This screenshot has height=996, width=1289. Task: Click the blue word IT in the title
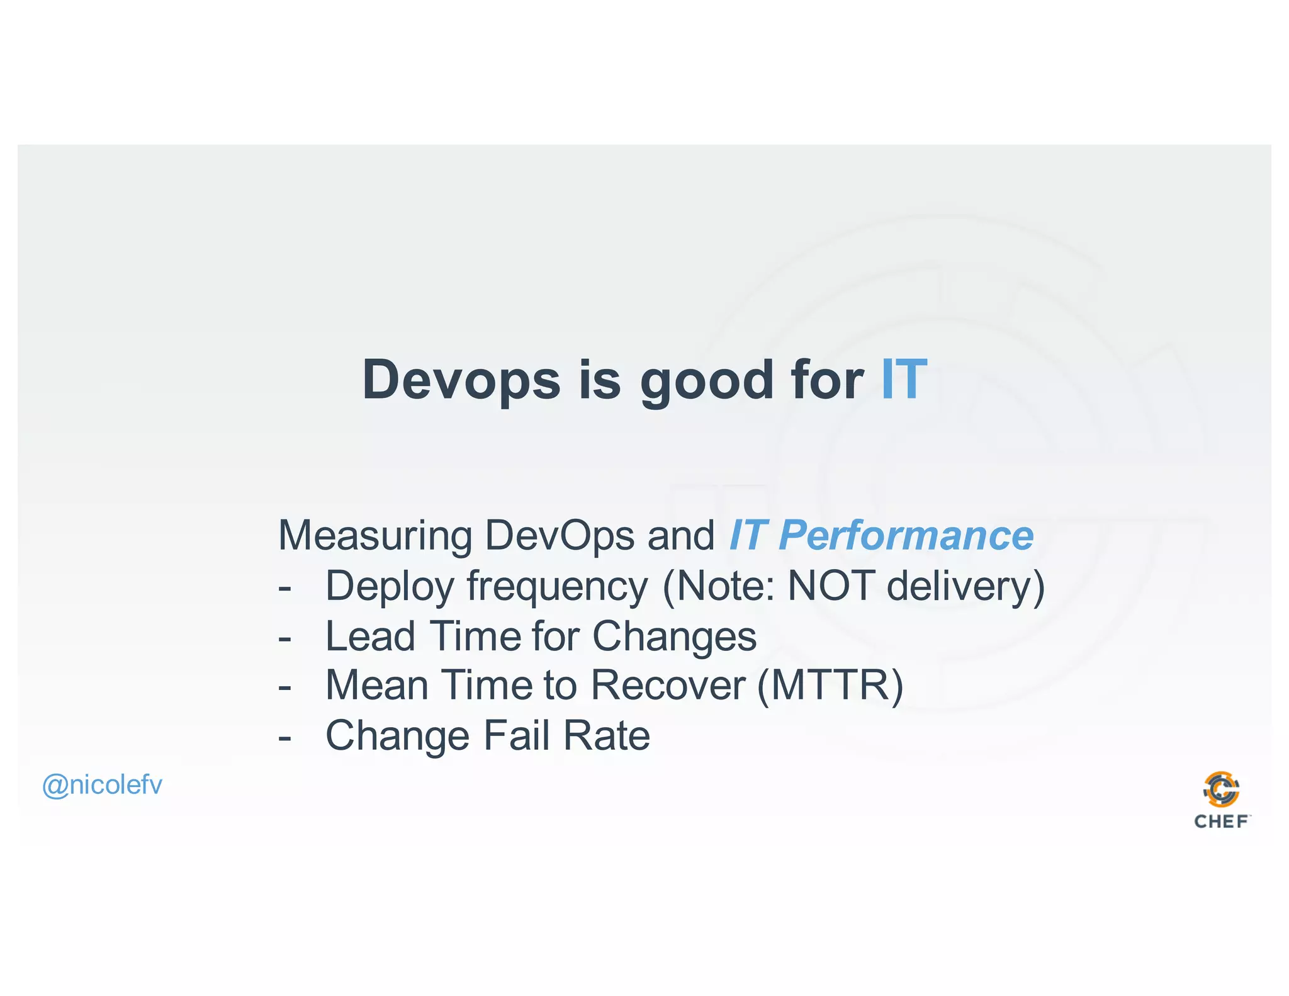coord(903,380)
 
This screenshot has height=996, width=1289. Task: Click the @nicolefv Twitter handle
coord(102,785)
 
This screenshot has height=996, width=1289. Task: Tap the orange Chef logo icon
coord(1221,789)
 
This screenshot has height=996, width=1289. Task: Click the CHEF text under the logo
coord(1221,822)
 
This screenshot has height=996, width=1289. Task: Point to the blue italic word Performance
coord(906,536)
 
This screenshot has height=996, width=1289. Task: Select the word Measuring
coord(375,536)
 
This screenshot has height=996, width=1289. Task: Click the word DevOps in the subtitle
coord(559,536)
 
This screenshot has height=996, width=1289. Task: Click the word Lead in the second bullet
coord(370,636)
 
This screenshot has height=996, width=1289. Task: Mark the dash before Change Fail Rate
coord(284,737)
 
